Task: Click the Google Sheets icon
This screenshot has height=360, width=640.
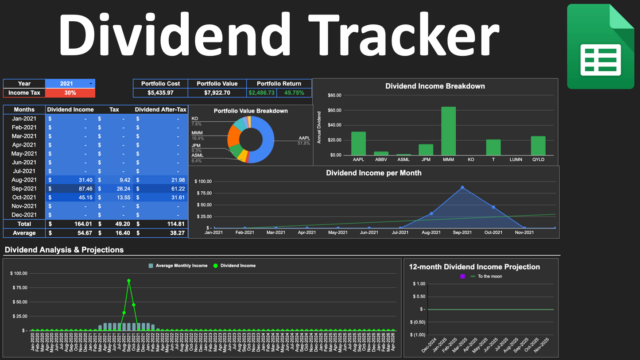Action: (600, 46)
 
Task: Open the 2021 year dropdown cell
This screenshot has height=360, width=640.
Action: (70, 84)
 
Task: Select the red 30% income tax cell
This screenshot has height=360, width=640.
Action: (70, 93)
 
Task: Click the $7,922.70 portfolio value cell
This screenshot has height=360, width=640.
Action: (217, 93)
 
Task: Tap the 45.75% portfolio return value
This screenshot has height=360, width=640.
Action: (294, 93)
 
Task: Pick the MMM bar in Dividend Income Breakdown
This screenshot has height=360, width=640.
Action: (448, 131)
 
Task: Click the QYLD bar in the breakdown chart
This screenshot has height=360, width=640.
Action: (538, 146)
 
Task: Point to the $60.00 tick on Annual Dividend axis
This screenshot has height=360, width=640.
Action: (334, 110)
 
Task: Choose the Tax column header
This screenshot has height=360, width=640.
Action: (114, 109)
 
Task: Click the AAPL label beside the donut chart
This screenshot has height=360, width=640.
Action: (304, 139)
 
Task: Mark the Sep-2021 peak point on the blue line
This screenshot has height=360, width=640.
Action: (462, 187)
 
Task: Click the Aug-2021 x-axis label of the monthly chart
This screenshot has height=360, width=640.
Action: (431, 232)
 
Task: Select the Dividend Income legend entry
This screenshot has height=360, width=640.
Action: (238, 266)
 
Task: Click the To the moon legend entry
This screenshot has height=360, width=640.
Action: (489, 276)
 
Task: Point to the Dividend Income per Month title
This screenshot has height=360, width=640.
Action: (373, 173)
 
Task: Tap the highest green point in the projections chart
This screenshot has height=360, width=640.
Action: (129, 280)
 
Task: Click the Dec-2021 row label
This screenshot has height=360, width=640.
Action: (24, 215)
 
